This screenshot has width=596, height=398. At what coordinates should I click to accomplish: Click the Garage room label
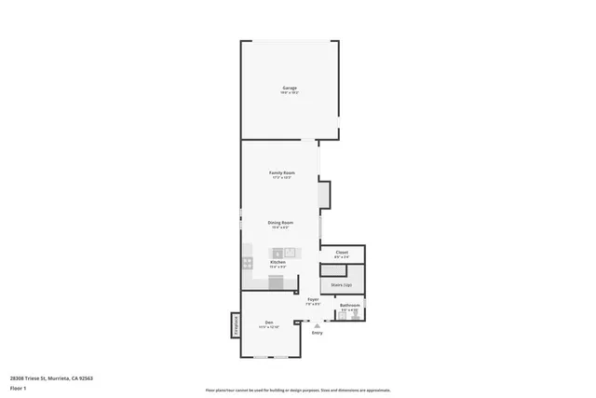pos(290,89)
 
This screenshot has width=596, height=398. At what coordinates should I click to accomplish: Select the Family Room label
pos(281,173)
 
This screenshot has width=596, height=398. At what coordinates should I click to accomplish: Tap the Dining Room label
pos(281,223)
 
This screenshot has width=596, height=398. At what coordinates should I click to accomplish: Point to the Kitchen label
pos(278,263)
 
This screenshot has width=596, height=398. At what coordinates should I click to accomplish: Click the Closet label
pos(342,253)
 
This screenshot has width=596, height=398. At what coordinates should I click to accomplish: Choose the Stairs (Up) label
pos(341,284)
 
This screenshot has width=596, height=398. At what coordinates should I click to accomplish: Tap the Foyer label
pos(314,299)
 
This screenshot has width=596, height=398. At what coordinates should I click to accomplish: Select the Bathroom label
pos(349,305)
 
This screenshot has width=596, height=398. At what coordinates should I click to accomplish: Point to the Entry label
pos(318,333)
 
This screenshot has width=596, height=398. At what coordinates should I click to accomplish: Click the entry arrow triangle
pos(318,325)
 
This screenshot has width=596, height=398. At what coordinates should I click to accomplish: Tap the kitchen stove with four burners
pos(248,262)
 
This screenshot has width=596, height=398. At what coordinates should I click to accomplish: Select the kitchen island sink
pos(290,252)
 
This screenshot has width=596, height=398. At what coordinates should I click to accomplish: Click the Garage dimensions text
pos(290,93)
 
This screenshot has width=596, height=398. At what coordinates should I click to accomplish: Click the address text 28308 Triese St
pos(51,377)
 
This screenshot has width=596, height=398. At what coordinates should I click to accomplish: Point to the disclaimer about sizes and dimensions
pos(298,391)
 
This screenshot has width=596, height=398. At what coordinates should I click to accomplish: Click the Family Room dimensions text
pos(281,178)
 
